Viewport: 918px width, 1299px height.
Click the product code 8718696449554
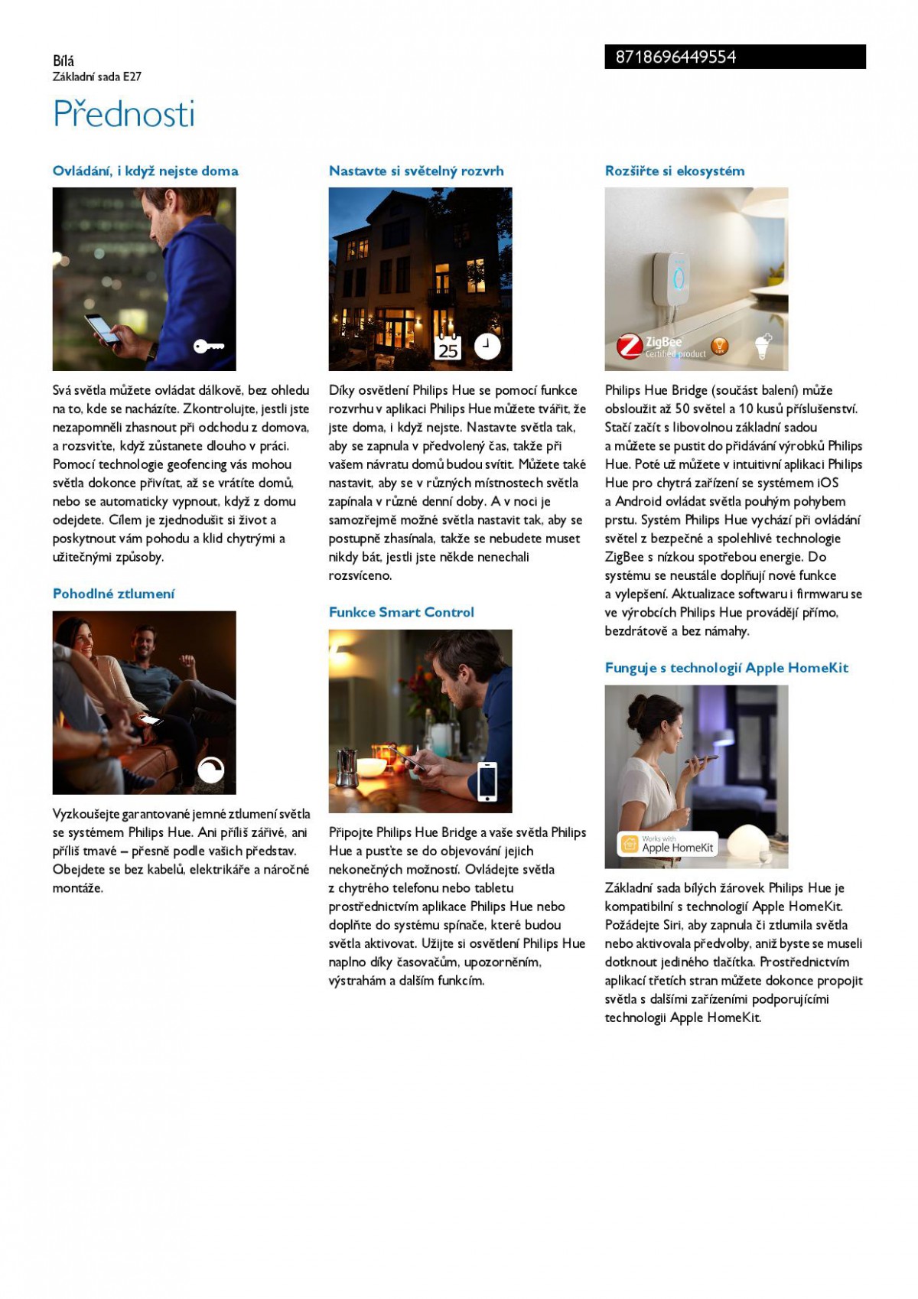click(x=675, y=57)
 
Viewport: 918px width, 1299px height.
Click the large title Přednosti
click(x=124, y=114)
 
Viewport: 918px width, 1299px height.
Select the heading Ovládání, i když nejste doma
click(x=145, y=171)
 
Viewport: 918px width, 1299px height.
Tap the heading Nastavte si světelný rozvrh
click(x=416, y=171)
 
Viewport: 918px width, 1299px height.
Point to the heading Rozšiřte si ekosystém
click(x=674, y=171)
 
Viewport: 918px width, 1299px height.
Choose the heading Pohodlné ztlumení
click(x=113, y=594)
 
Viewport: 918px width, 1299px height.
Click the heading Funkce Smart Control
click(x=401, y=612)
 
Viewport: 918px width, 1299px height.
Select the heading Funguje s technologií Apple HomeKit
click(x=726, y=668)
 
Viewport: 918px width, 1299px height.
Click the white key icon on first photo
click(x=208, y=347)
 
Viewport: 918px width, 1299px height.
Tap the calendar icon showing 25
click(x=448, y=348)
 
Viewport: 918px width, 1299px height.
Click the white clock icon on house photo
click(x=487, y=346)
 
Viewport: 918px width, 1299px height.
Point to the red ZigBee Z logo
click(x=630, y=347)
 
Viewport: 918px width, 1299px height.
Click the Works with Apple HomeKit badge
click(x=668, y=844)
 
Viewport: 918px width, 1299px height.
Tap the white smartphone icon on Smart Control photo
click(x=487, y=781)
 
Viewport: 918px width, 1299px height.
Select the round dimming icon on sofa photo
click(x=210, y=770)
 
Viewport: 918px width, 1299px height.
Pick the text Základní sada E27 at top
click(x=97, y=77)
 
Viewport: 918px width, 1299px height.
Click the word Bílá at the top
click(x=63, y=60)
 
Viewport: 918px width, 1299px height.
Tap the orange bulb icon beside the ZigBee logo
click(x=719, y=347)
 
